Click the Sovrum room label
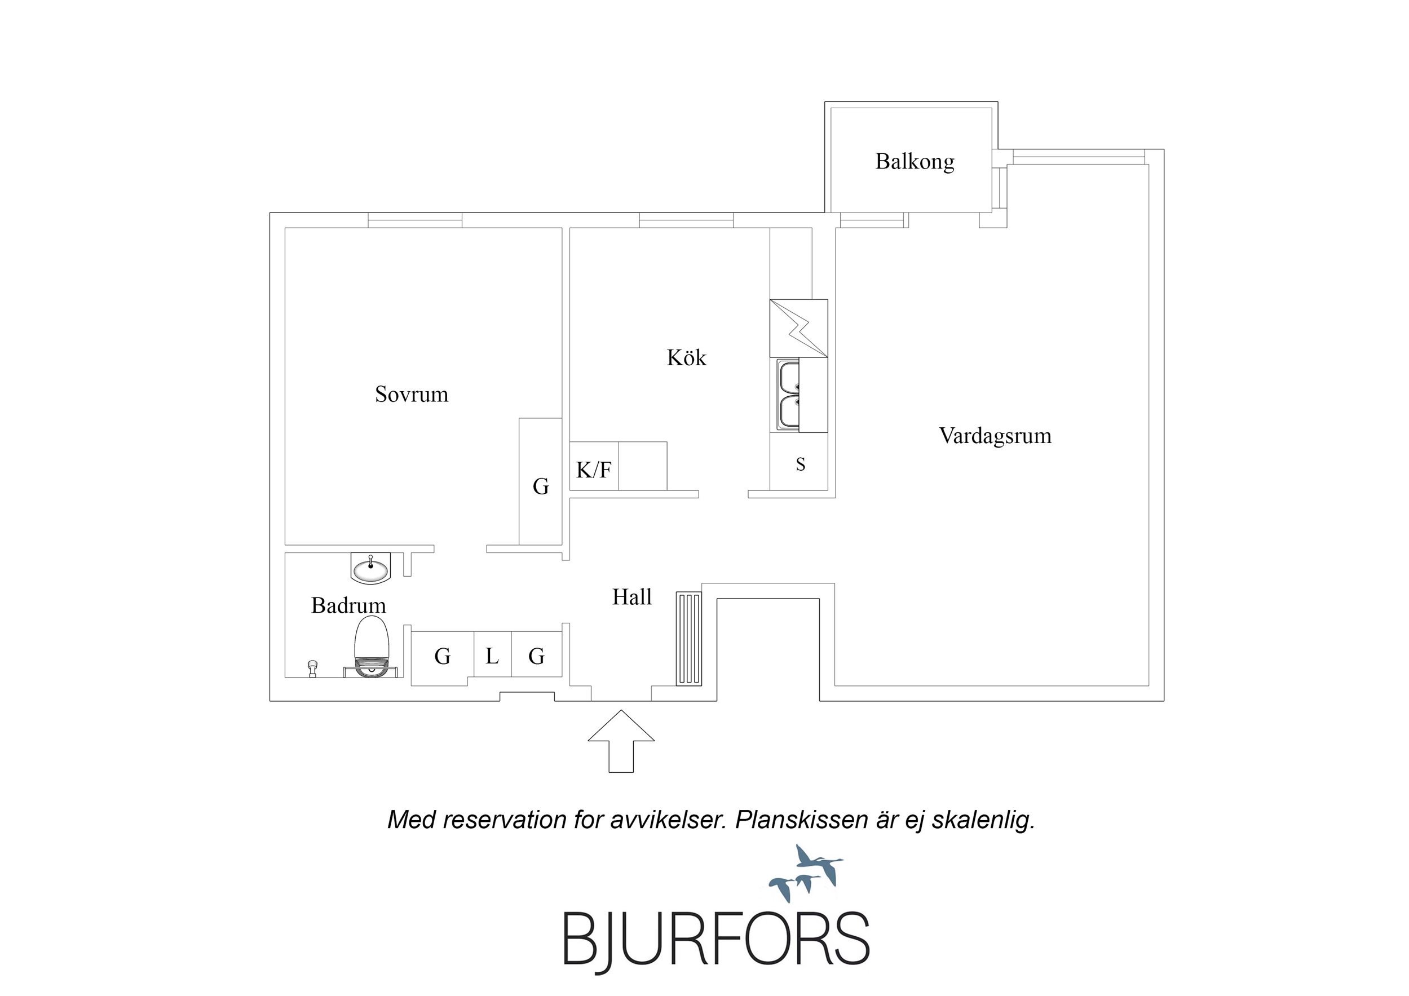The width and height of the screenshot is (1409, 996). pyautogui.click(x=411, y=394)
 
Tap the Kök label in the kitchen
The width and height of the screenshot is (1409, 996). pyautogui.click(x=686, y=358)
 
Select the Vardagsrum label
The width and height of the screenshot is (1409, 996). pyautogui.click(x=995, y=436)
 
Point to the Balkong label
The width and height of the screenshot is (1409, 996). pyautogui.click(x=915, y=161)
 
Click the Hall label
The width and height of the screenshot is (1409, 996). pyautogui.click(x=631, y=597)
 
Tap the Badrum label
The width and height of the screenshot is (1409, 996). pyautogui.click(x=348, y=606)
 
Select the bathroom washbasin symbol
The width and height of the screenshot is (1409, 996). pyautogui.click(x=370, y=568)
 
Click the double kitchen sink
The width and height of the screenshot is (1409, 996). pyautogui.click(x=789, y=395)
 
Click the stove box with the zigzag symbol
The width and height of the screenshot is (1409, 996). pyautogui.click(x=798, y=328)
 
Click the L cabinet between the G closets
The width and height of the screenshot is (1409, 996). pyautogui.click(x=492, y=657)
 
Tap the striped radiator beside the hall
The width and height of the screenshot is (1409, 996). pyautogui.click(x=688, y=639)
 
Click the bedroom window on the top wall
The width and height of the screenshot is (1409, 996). pyautogui.click(x=415, y=220)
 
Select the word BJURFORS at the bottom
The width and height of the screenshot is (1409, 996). pyautogui.click(x=716, y=941)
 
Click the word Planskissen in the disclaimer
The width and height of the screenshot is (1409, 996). pyautogui.click(x=800, y=821)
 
